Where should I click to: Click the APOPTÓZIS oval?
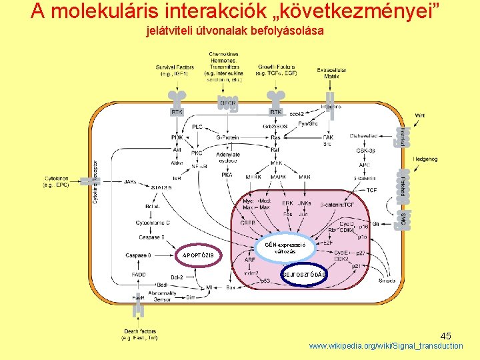click(x=199, y=255)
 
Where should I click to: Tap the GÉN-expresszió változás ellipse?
click(x=285, y=247)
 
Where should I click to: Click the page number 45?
click(x=445, y=337)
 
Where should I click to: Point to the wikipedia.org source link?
click(x=385, y=346)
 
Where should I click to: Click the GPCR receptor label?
click(x=227, y=103)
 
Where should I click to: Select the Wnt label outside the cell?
click(x=419, y=115)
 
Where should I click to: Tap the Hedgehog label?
click(x=425, y=159)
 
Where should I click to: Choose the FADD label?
click(x=139, y=274)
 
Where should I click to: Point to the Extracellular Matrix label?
click(x=328, y=73)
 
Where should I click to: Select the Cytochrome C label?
click(x=153, y=222)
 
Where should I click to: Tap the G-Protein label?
click(x=227, y=137)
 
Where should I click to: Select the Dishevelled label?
click(x=366, y=137)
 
